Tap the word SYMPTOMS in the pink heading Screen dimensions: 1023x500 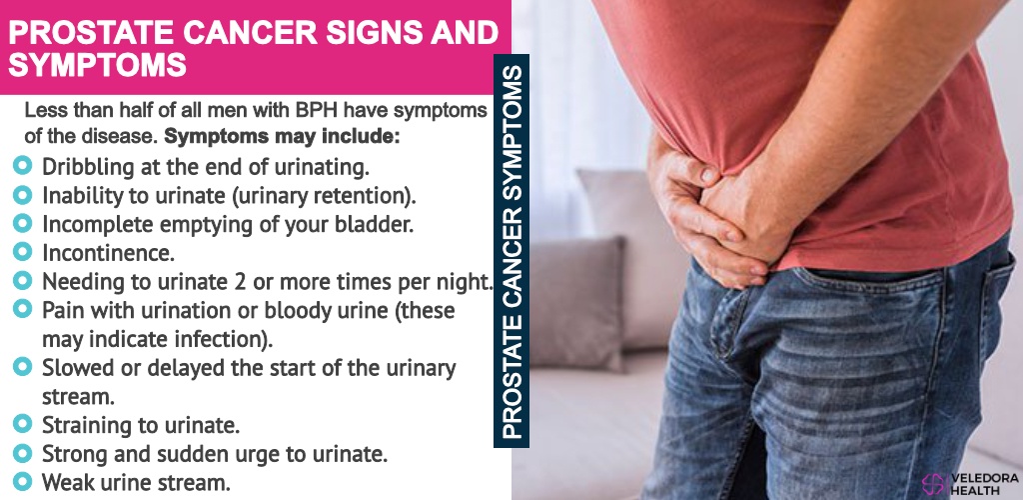[x=98, y=66]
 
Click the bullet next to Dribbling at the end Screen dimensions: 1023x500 [x=22, y=165]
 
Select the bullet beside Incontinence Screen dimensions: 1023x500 [x=22, y=251]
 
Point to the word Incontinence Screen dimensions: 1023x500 [x=108, y=253]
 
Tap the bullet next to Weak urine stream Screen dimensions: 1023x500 [x=22, y=482]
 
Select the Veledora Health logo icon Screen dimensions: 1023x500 [x=934, y=484]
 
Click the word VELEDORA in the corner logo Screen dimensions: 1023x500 [x=984, y=478]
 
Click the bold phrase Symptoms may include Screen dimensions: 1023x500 [x=281, y=138]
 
